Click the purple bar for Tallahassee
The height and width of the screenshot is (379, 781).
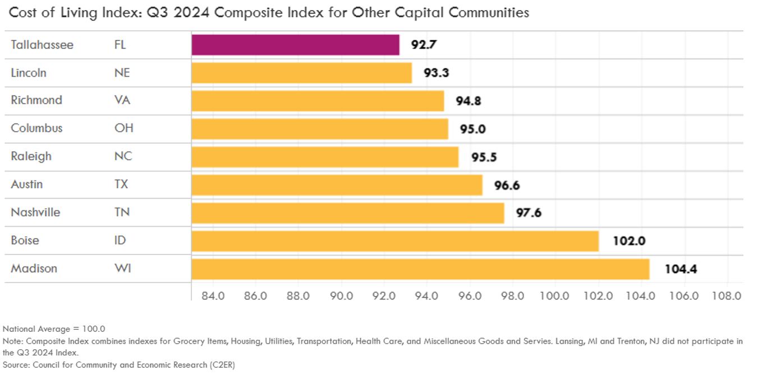pyautogui.click(x=295, y=45)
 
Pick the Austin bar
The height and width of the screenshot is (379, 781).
pyautogui.click(x=337, y=185)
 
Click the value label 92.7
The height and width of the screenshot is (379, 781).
pyautogui.click(x=424, y=45)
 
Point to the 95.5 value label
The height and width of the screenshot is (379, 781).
pyautogui.click(x=484, y=157)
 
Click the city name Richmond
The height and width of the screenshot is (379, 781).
pyautogui.click(x=36, y=100)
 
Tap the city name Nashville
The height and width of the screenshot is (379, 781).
pyautogui.click(x=35, y=212)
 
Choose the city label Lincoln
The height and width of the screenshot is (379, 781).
pyautogui.click(x=29, y=73)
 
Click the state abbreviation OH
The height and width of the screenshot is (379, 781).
pyautogui.click(x=123, y=128)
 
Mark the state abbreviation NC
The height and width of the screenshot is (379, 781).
pyautogui.click(x=123, y=156)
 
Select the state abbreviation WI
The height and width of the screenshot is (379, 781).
pyautogui.click(x=122, y=269)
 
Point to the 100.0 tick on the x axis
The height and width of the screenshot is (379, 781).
pyautogui.click(x=555, y=295)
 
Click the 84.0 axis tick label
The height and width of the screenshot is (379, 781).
pyautogui.click(x=212, y=295)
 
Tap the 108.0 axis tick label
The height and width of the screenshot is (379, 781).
pyautogui.click(x=727, y=295)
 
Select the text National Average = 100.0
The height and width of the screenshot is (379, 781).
pyautogui.click(x=54, y=329)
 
